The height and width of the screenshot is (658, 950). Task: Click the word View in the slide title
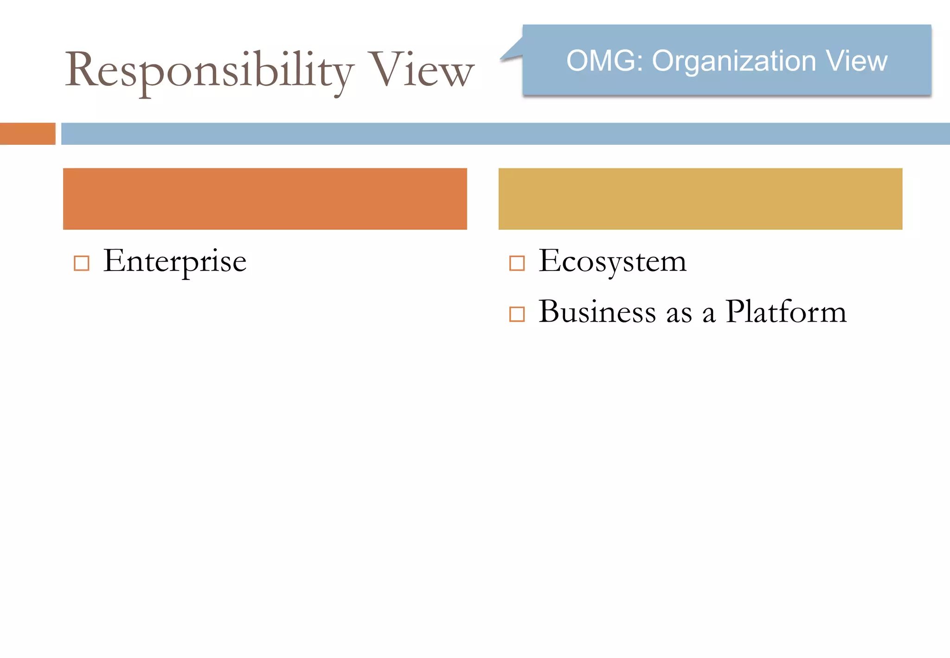point(421,71)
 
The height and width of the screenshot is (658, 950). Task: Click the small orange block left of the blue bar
point(27,134)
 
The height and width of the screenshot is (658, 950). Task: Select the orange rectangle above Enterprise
point(265,199)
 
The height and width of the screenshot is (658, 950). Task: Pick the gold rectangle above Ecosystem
point(700,199)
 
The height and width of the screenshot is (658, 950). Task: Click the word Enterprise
point(175,261)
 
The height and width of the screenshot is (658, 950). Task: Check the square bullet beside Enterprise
point(82,263)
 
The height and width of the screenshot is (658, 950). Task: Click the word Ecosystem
point(612,261)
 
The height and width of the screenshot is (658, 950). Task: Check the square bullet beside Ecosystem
point(517,263)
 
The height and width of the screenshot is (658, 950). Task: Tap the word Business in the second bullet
point(597,311)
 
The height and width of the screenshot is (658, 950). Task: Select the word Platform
point(786,311)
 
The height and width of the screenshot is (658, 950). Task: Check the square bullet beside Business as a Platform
point(517,314)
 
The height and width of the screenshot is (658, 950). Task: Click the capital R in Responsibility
point(81,70)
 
